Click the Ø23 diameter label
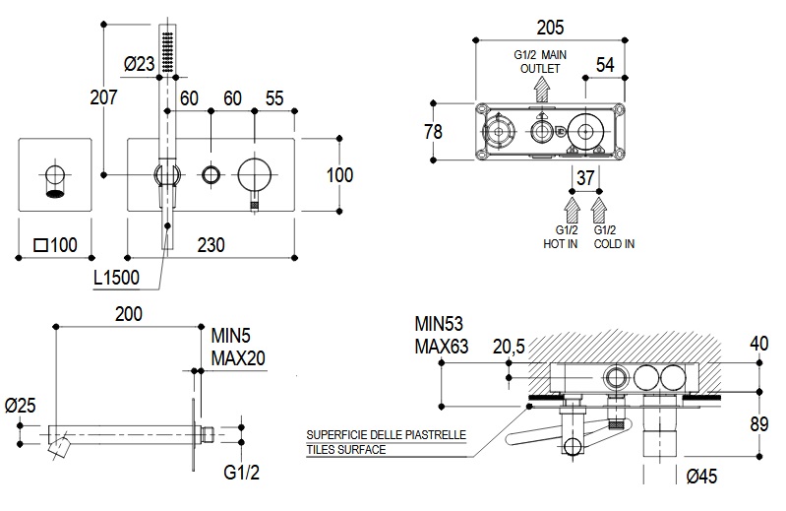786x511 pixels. [139, 64]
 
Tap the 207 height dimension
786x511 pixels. [103, 96]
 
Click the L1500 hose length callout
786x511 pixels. [116, 279]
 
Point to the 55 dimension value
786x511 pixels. [275, 97]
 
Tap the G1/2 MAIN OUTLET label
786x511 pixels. [541, 62]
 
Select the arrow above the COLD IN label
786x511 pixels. [600, 211]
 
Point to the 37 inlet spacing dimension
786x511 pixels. [586, 178]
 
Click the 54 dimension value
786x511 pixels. [605, 64]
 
